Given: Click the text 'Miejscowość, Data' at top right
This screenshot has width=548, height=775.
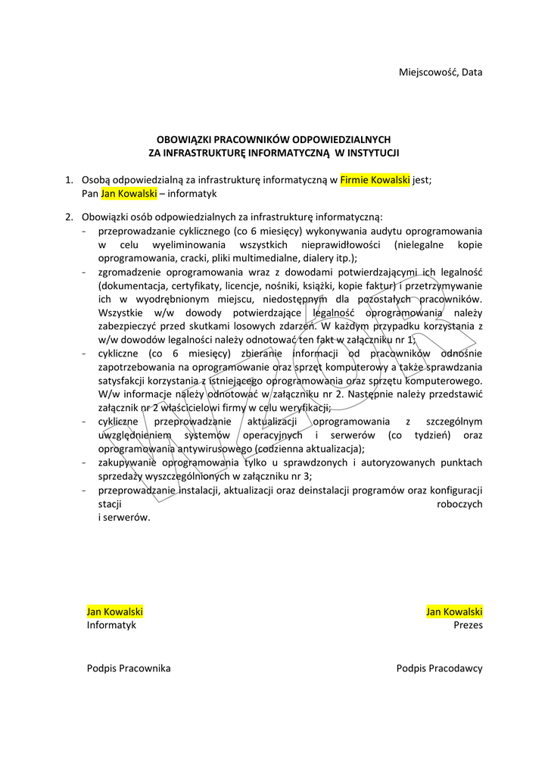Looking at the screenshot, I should coord(441,72).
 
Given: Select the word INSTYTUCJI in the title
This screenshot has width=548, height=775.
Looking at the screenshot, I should coord(372,152).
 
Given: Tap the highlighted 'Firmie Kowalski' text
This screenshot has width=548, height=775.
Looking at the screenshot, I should coord(375,180).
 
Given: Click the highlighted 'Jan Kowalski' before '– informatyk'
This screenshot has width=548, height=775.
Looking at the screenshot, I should coord(129,194).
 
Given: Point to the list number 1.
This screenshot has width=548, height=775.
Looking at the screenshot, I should coord(68,180).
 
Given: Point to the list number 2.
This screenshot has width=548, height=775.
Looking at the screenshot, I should coord(68,216).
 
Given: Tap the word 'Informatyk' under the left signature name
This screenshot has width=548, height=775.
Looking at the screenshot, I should coord(111,625).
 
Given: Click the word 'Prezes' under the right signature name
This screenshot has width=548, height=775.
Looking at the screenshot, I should coord(468,625).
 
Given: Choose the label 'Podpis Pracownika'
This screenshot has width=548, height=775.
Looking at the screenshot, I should coord(129,668).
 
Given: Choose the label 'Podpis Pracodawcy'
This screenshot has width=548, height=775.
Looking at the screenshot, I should coord(439,668).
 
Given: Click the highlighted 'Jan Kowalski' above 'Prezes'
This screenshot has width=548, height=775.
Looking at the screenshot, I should coord(454,612).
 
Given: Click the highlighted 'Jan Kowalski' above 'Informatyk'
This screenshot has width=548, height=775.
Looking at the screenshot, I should coord(115,612).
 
